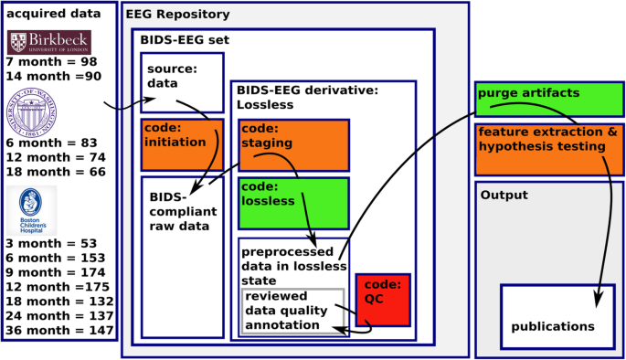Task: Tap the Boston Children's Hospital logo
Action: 33,209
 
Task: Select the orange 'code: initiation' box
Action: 180,144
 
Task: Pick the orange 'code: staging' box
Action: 293,145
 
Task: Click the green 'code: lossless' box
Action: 293,203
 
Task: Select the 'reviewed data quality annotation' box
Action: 292,311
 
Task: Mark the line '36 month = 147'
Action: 59,330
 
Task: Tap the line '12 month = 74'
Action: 55,158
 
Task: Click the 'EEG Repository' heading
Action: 177,16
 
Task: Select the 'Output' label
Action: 504,195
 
